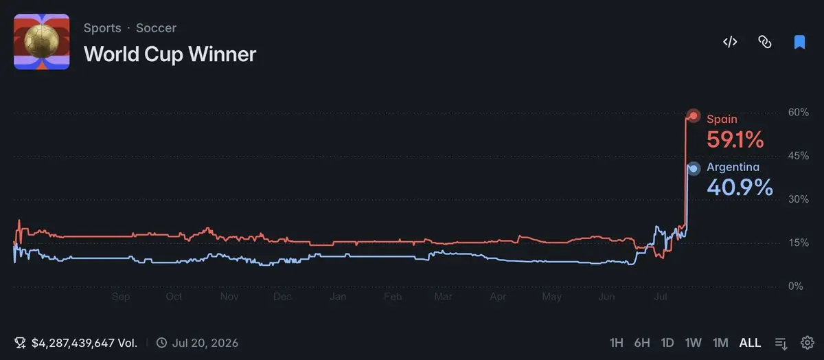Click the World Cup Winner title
(170, 54)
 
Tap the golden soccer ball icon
(42, 41)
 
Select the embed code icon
(730, 42)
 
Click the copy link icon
(765, 42)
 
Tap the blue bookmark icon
(799, 42)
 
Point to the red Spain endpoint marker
(694, 116)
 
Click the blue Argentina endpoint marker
(694, 169)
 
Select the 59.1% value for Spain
(735, 139)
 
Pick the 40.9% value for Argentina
(740, 188)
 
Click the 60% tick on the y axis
(798, 112)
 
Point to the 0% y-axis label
(796, 286)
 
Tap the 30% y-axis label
(798, 199)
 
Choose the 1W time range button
(693, 343)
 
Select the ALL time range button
(750, 343)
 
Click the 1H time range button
(617, 343)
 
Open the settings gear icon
(808, 343)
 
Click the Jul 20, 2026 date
(205, 343)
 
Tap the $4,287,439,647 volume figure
(73, 343)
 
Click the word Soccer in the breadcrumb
(156, 28)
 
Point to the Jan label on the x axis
(338, 297)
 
